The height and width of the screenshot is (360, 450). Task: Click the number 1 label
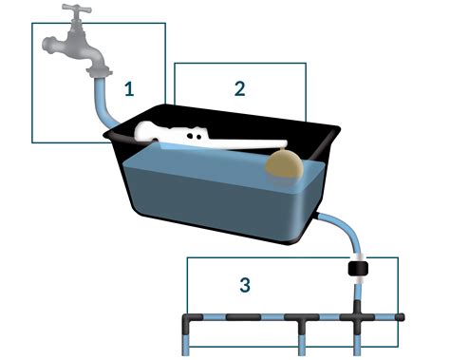coord(130,89)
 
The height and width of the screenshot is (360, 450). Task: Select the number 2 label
coord(240,88)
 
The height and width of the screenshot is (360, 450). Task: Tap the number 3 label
coord(245,283)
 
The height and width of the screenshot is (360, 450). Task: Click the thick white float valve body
coord(166,134)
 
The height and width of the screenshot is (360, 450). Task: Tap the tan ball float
coord(284,164)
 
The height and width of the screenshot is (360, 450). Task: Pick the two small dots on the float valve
coord(194,136)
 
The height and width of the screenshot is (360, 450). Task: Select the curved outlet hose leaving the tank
coord(337,229)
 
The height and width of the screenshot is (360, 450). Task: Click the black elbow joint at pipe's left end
coord(190,320)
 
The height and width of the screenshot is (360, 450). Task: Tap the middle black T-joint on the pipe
coord(301,320)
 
